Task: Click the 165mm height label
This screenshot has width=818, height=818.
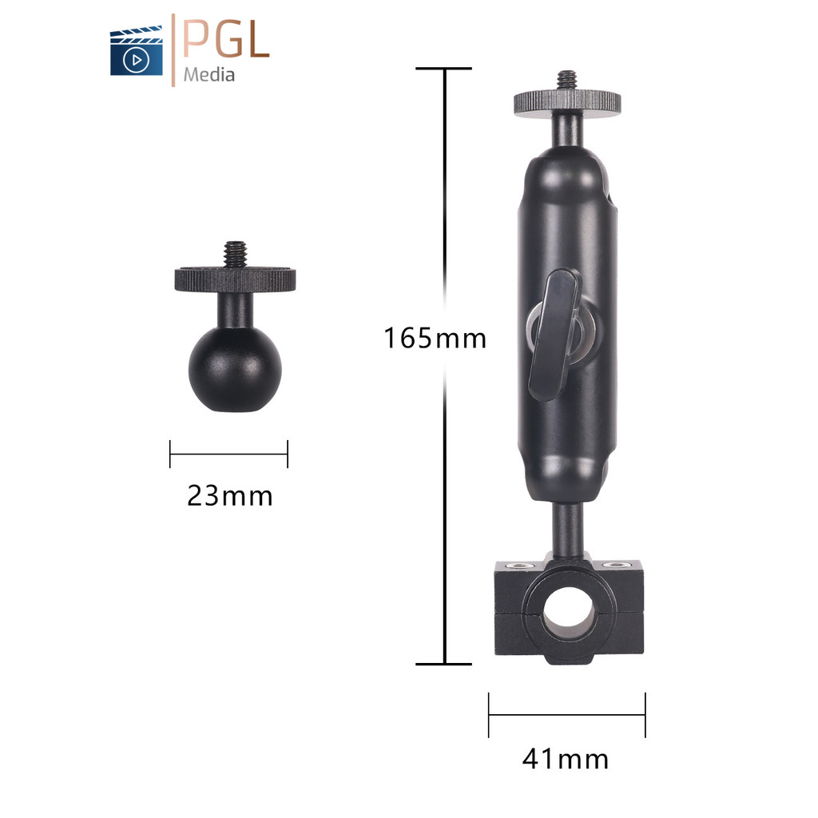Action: (x=435, y=338)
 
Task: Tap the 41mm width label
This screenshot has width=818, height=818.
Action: (x=566, y=759)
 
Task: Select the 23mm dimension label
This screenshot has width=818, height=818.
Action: (x=229, y=495)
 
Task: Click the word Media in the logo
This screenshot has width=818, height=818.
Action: (x=208, y=74)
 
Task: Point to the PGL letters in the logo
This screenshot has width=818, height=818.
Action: (x=226, y=38)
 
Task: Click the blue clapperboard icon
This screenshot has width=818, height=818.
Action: (x=136, y=50)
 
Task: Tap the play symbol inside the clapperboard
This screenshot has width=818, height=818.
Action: (x=136, y=60)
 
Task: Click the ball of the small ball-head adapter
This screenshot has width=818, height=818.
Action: (x=235, y=368)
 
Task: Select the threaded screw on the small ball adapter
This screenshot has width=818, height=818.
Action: (x=236, y=254)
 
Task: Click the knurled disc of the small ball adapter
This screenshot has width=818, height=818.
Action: (x=236, y=280)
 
